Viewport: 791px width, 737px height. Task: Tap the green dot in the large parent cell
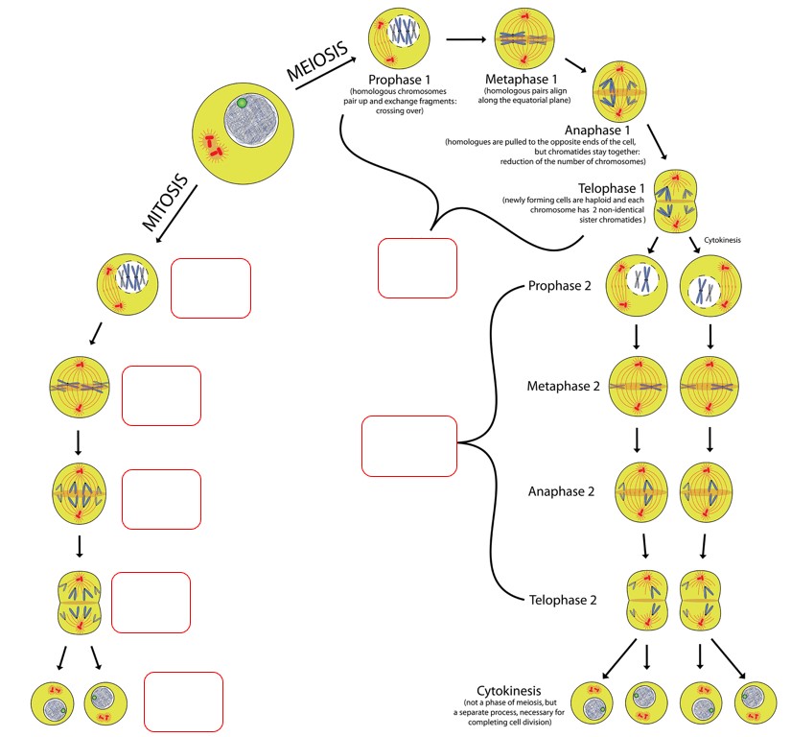click(243, 103)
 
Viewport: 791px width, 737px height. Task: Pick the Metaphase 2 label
click(563, 387)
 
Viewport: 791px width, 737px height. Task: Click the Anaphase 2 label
click(563, 491)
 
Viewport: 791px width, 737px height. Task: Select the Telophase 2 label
click(563, 601)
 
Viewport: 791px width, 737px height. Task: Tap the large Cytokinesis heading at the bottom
click(509, 691)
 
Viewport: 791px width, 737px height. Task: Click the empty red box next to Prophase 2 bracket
click(409, 445)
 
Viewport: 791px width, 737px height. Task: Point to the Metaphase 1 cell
click(525, 39)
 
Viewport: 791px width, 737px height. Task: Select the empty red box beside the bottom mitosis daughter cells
click(183, 702)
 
